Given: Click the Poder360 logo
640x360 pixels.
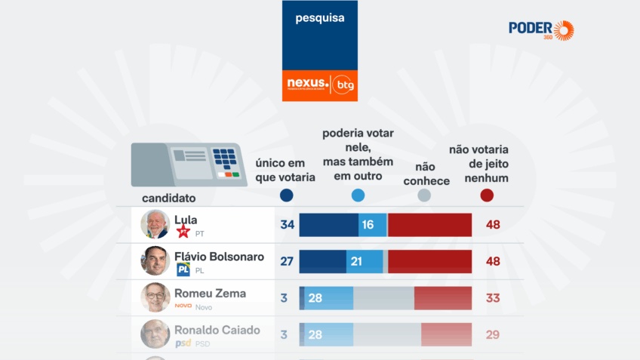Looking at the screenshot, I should click(x=540, y=29).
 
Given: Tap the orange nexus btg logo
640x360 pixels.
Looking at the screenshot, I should click(x=320, y=84).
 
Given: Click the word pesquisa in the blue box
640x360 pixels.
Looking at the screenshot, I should click(x=320, y=17).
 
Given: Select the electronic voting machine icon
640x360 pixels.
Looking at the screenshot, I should click(x=189, y=165).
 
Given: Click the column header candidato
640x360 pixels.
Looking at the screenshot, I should click(x=169, y=198).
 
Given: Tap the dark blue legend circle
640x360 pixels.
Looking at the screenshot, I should click(x=286, y=195).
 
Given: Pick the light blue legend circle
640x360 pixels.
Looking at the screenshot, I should click(x=358, y=195).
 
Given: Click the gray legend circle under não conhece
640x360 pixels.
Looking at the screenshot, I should click(x=424, y=195).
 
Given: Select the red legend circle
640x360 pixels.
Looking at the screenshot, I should click(x=487, y=195).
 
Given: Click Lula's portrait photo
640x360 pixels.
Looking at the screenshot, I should click(x=155, y=224).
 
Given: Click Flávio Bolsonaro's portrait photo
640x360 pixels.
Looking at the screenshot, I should click(x=155, y=261).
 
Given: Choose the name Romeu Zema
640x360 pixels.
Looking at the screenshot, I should click(x=210, y=293).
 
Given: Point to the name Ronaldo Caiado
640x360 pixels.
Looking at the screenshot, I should click(x=217, y=330).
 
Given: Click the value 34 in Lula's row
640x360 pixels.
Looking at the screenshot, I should click(x=287, y=225).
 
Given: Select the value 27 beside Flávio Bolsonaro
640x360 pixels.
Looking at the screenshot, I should click(x=287, y=261).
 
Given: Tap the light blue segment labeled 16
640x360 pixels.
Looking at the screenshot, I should click(x=372, y=225).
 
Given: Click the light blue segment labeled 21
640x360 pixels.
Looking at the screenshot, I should click(x=365, y=261).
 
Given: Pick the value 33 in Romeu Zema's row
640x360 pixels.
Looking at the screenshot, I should click(x=493, y=298).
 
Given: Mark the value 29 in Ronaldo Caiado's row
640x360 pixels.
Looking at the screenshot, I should click(x=493, y=334).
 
